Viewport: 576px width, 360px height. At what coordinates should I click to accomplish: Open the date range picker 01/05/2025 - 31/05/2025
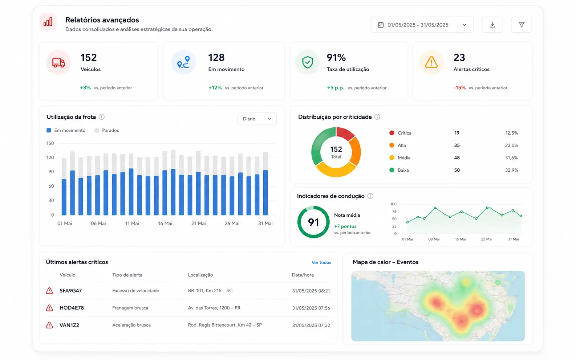(422, 25)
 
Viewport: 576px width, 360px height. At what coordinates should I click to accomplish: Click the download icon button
(492, 25)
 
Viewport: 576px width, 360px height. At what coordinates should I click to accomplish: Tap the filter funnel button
(521, 25)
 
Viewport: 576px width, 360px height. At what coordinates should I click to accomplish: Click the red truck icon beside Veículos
(58, 62)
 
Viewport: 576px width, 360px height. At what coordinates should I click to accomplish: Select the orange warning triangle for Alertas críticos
(431, 62)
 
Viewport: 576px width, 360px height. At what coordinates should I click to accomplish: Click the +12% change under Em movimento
(215, 88)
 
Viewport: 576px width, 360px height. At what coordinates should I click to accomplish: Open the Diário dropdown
(257, 119)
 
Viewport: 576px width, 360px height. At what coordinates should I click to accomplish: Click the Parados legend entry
(107, 130)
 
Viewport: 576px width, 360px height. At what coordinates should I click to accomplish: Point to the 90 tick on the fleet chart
(51, 172)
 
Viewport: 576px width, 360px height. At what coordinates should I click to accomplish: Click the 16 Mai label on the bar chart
(165, 223)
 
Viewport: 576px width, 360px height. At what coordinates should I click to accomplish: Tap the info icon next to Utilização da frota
(102, 117)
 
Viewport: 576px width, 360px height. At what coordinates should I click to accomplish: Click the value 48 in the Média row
(457, 158)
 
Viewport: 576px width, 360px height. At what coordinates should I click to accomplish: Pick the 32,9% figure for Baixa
(511, 170)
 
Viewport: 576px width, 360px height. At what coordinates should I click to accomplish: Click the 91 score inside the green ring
(313, 222)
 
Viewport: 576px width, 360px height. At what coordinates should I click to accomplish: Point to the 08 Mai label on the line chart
(434, 239)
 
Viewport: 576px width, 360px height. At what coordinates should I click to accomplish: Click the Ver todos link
(321, 262)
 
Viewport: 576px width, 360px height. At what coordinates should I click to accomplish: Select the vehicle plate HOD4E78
(72, 308)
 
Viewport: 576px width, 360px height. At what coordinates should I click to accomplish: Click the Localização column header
(200, 275)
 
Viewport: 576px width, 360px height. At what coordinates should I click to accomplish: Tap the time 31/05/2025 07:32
(311, 325)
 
